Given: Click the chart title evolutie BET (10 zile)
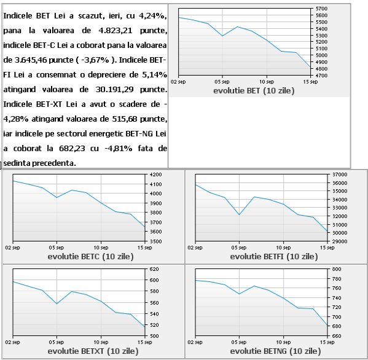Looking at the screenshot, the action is point(254,90).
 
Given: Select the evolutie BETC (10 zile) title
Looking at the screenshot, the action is point(90,256).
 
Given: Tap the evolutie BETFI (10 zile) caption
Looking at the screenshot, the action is point(274,256).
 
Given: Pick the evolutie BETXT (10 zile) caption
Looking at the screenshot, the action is point(93,351).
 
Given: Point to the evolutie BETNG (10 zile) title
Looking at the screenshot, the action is point(275,351).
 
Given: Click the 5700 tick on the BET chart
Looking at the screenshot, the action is point(321,9).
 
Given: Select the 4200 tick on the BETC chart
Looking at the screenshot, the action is point(156,174).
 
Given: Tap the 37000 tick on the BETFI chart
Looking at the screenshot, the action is point(340,174).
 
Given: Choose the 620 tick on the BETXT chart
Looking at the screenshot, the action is point(154,269).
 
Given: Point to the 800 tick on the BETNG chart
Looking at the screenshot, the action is point(337,269).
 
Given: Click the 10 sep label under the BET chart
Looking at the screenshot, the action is point(267,82).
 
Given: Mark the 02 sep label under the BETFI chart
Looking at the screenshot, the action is point(195,248).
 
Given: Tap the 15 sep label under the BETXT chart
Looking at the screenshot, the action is point(145,342).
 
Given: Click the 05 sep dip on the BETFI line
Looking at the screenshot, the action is point(239,214).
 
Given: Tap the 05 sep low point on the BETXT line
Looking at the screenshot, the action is point(57,303).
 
